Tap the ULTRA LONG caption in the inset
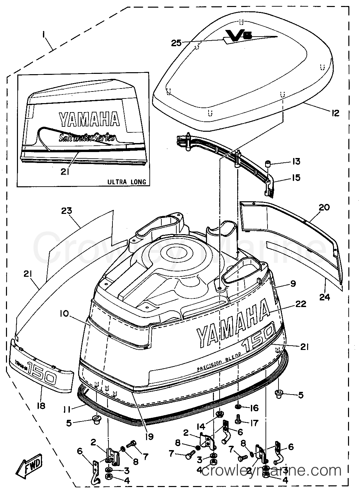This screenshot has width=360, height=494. coord(127,182)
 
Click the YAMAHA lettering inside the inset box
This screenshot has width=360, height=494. coord(89,120)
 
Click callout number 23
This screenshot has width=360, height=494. coord(67,211)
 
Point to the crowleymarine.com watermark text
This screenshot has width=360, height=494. coord(271,471)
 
